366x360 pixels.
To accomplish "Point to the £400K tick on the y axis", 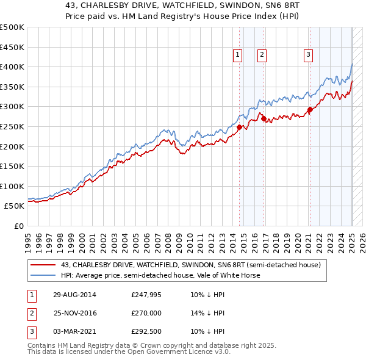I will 12,67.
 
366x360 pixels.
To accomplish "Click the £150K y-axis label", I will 12,166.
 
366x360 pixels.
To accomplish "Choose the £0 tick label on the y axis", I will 19,226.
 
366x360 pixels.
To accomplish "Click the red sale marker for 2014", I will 239,127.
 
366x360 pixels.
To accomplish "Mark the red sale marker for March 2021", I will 309,110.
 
